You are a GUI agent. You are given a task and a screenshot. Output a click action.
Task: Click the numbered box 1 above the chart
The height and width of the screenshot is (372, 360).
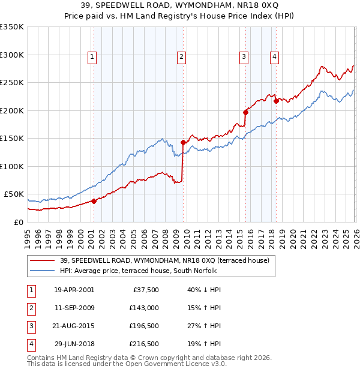(x=92, y=57)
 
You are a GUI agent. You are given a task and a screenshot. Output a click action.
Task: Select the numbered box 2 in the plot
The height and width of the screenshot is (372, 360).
(x=181, y=57)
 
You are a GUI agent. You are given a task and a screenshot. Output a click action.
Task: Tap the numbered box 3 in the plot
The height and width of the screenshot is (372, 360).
(x=244, y=57)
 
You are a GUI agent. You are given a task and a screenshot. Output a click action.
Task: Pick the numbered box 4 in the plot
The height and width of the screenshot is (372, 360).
(x=274, y=57)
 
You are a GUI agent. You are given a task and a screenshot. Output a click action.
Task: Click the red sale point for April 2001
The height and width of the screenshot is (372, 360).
(x=94, y=202)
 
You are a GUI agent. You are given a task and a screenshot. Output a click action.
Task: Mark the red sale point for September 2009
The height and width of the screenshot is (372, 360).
(x=183, y=143)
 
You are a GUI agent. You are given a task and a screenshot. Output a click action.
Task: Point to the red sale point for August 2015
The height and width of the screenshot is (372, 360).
(x=245, y=112)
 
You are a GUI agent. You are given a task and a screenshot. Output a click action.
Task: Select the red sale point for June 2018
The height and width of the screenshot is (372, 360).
(x=276, y=101)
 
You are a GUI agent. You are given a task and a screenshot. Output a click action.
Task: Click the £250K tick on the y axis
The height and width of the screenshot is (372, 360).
(x=12, y=83)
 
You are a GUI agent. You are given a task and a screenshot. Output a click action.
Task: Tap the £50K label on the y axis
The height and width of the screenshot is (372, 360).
(x=14, y=194)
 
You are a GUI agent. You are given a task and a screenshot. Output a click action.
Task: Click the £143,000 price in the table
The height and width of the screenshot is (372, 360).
(x=143, y=308)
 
